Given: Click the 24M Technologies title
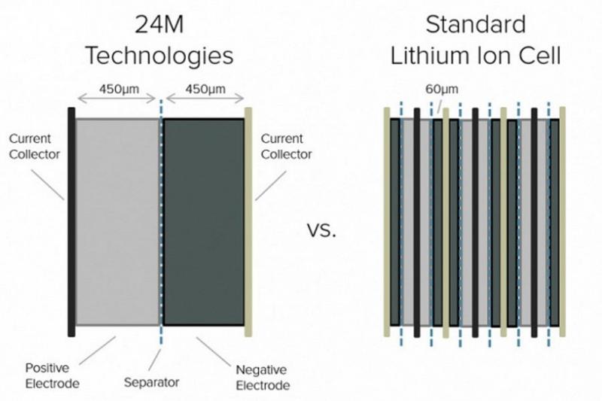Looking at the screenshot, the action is click(160, 41).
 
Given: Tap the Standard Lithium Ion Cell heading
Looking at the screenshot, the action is click(476, 41).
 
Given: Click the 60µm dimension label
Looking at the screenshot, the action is click(442, 89).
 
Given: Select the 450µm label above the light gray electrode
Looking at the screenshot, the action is click(119, 89).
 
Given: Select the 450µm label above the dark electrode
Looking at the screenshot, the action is click(205, 89).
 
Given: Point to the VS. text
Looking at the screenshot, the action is click(322, 231).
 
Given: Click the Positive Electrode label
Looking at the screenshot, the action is click(52, 375).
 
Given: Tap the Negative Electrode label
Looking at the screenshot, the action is click(263, 378).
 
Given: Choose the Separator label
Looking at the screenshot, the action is click(152, 382).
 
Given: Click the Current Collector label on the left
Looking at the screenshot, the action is click(35, 146).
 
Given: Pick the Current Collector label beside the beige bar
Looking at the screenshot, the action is click(286, 146).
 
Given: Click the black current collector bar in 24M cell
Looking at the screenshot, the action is click(71, 222).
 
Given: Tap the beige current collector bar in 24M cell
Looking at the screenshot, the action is click(248, 222).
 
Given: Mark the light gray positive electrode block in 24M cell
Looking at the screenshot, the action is click(117, 222).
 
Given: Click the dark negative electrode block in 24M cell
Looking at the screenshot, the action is click(204, 222).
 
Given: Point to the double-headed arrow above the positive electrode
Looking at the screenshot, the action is click(117, 99).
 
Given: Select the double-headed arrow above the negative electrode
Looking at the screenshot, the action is click(205, 99).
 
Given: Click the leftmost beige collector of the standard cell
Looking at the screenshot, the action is click(387, 222).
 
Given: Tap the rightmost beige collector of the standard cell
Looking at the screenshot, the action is click(562, 222).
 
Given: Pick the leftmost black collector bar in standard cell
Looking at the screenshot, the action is click(417, 223).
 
